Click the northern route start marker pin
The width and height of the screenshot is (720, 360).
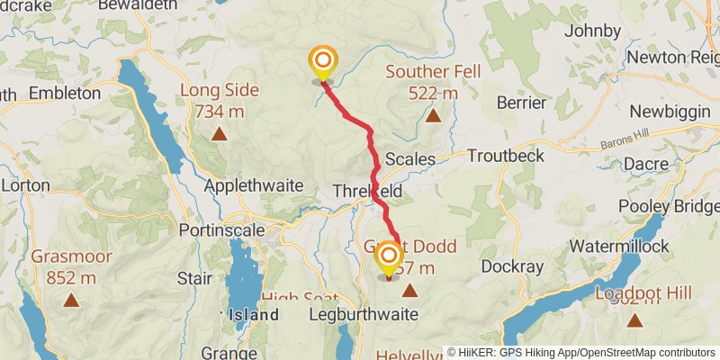322,62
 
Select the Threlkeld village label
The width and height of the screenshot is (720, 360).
367,192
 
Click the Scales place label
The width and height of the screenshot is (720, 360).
410,159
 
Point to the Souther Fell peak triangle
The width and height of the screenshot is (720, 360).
434,116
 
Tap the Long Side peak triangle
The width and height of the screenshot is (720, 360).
219,135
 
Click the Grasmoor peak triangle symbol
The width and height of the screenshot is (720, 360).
71,301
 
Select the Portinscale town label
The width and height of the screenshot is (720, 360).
220,229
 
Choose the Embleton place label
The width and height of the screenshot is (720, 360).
65,93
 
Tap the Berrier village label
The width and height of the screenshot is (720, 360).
522,103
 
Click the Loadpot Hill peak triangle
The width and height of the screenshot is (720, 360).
634,320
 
